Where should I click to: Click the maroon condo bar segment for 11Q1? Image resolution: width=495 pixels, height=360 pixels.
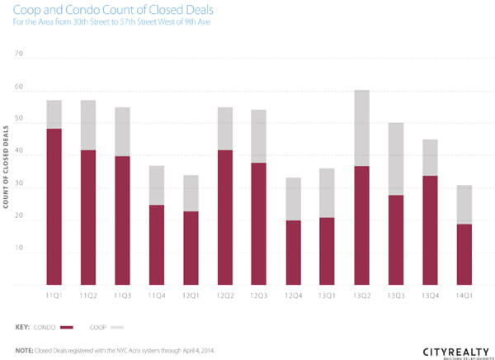(x=54, y=206)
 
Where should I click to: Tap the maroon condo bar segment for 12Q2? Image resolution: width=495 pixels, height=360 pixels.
(x=224, y=217)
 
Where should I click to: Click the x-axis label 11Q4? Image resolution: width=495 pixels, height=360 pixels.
(x=157, y=293)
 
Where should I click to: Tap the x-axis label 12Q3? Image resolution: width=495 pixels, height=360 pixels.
(x=258, y=293)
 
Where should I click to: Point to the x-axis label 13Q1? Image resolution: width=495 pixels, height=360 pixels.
(x=327, y=293)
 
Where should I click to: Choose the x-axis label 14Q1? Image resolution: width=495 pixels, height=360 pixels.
(x=464, y=293)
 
